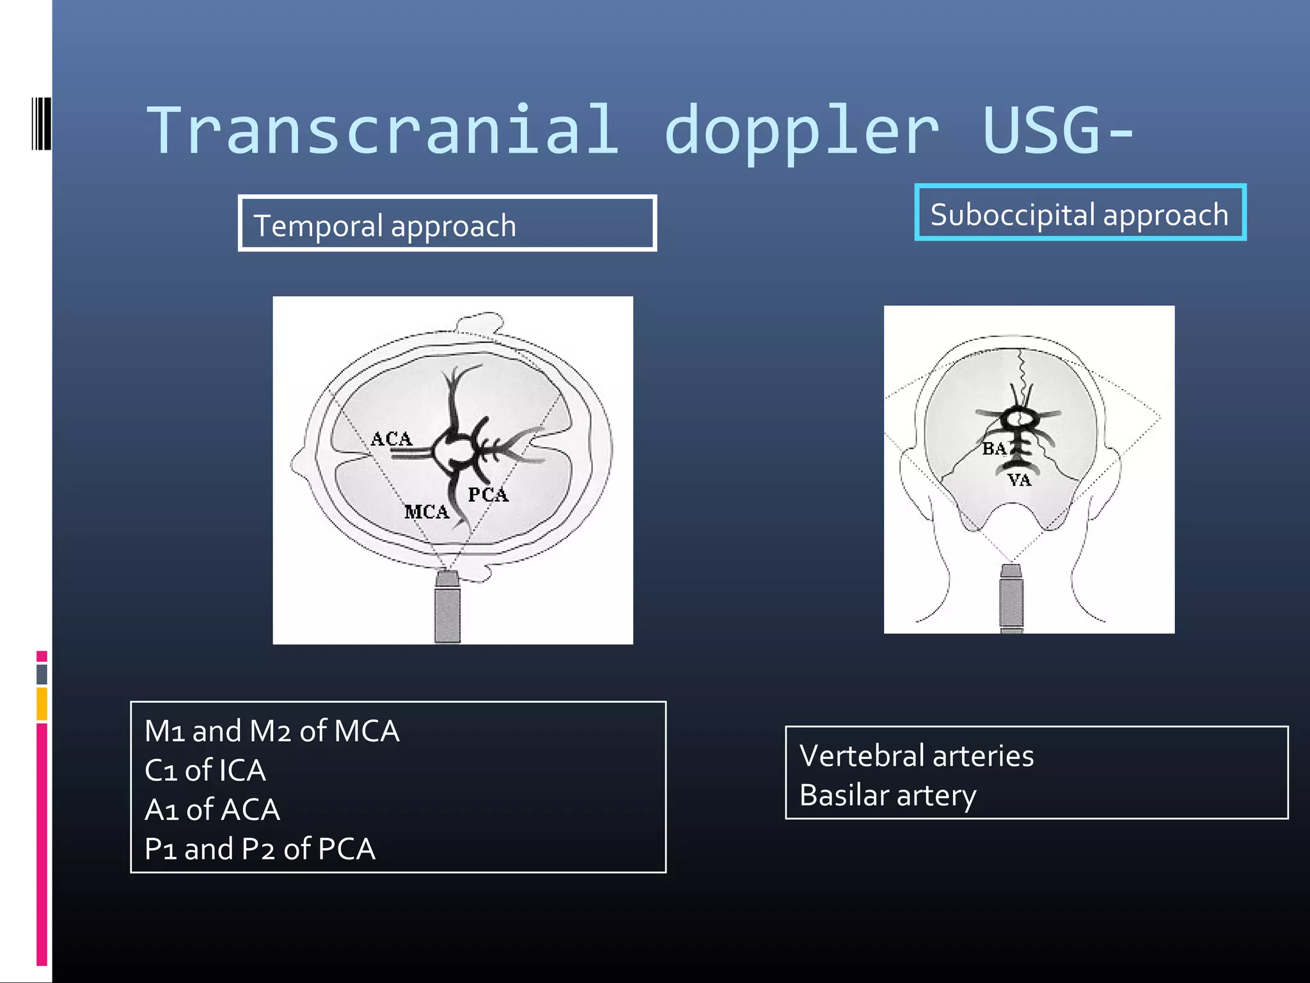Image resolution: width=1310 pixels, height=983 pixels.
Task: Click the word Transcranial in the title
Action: click(383, 131)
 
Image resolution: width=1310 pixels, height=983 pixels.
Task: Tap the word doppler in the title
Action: click(802, 131)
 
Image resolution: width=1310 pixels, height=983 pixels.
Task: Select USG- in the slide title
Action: click(1057, 131)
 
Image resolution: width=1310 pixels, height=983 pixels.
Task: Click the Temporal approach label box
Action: click(447, 224)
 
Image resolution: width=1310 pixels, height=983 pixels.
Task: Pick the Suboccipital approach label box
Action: click(1080, 213)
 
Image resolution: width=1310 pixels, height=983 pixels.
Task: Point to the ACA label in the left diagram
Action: click(391, 439)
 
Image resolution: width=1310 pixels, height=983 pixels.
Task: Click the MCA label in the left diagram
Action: click(427, 512)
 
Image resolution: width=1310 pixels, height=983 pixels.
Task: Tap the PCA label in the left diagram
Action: click(488, 495)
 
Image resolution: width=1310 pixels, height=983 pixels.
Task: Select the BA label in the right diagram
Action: click(995, 449)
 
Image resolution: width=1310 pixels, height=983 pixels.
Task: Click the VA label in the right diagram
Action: click(1020, 480)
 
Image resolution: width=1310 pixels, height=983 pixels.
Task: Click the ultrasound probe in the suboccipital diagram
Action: click(1011, 598)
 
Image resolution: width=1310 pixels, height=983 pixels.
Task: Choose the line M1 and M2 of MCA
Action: click(272, 731)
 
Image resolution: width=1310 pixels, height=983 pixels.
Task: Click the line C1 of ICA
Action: click(205, 771)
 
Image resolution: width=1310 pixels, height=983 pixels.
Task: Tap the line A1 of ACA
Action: click(212, 810)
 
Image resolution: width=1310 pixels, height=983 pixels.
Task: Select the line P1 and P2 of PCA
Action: click(260, 849)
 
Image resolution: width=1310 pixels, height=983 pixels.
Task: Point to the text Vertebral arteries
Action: click(916, 756)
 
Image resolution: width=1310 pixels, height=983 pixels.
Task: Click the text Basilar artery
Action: click(887, 795)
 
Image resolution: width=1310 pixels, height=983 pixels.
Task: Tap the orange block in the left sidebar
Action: click(42, 703)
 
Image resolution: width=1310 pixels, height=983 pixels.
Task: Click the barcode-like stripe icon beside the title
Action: click(41, 124)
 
